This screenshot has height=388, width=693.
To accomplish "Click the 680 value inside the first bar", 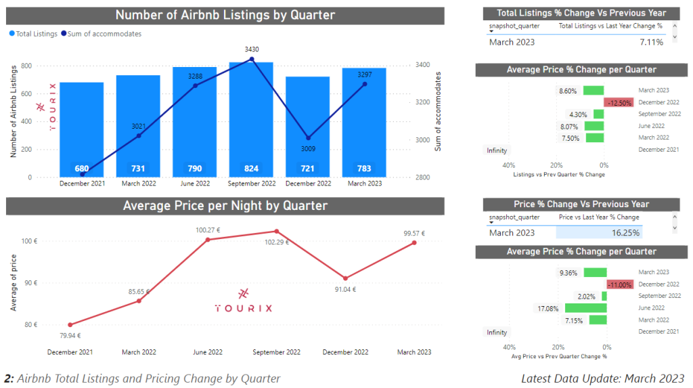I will pos(82,169).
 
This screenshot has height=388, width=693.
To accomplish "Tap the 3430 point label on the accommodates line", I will pos(252,49).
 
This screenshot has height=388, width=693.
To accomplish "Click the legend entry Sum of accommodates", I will pos(105,33).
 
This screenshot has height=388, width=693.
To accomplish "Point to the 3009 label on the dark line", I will pos(308,149).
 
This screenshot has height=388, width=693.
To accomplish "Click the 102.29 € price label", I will pos(277,242).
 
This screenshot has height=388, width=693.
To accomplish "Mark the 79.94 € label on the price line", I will pos(69,335).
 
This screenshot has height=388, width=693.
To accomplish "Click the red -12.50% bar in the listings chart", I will pos(619,102).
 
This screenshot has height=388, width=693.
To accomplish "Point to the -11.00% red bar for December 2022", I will pos(621,284).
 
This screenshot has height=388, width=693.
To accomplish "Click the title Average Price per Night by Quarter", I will pos(225,205).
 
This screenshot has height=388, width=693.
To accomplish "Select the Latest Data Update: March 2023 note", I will pos(602,379).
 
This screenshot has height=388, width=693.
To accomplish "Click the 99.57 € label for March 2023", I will pos(413,234).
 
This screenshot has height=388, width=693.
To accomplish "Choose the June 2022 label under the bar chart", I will pos(195,184).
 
